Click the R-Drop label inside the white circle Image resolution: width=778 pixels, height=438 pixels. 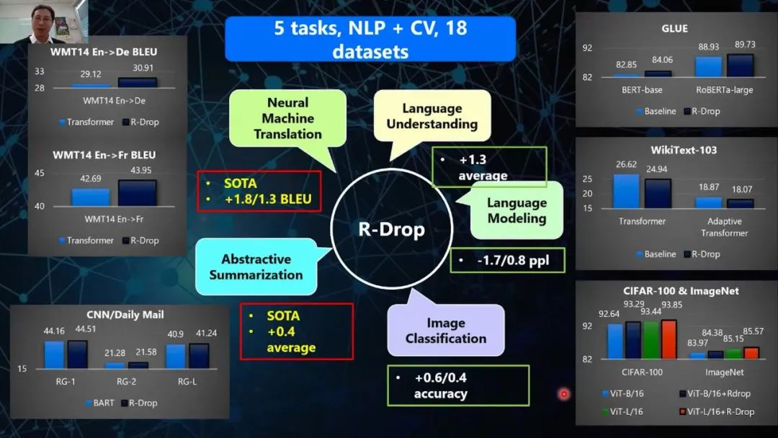pos(391,230)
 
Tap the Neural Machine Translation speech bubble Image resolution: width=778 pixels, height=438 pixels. pos(287,118)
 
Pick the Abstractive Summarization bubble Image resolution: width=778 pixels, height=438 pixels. pos(256,267)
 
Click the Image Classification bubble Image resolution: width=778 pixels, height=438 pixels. pos(445,331)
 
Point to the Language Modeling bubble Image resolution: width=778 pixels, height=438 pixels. pos(517,210)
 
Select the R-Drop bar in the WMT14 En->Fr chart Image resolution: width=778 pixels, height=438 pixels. pos(137,192)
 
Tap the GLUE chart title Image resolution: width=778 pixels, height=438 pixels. pos(674,29)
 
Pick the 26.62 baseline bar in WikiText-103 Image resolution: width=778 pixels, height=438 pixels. pos(626,191)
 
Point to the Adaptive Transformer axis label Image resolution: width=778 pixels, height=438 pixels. pos(724,227)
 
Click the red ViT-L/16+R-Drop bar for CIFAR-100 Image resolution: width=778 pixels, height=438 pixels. pos(669,339)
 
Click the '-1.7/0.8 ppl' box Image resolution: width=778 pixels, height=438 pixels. pos(507,261)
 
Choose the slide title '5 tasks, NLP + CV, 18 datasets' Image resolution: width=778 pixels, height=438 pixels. pos(370,39)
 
